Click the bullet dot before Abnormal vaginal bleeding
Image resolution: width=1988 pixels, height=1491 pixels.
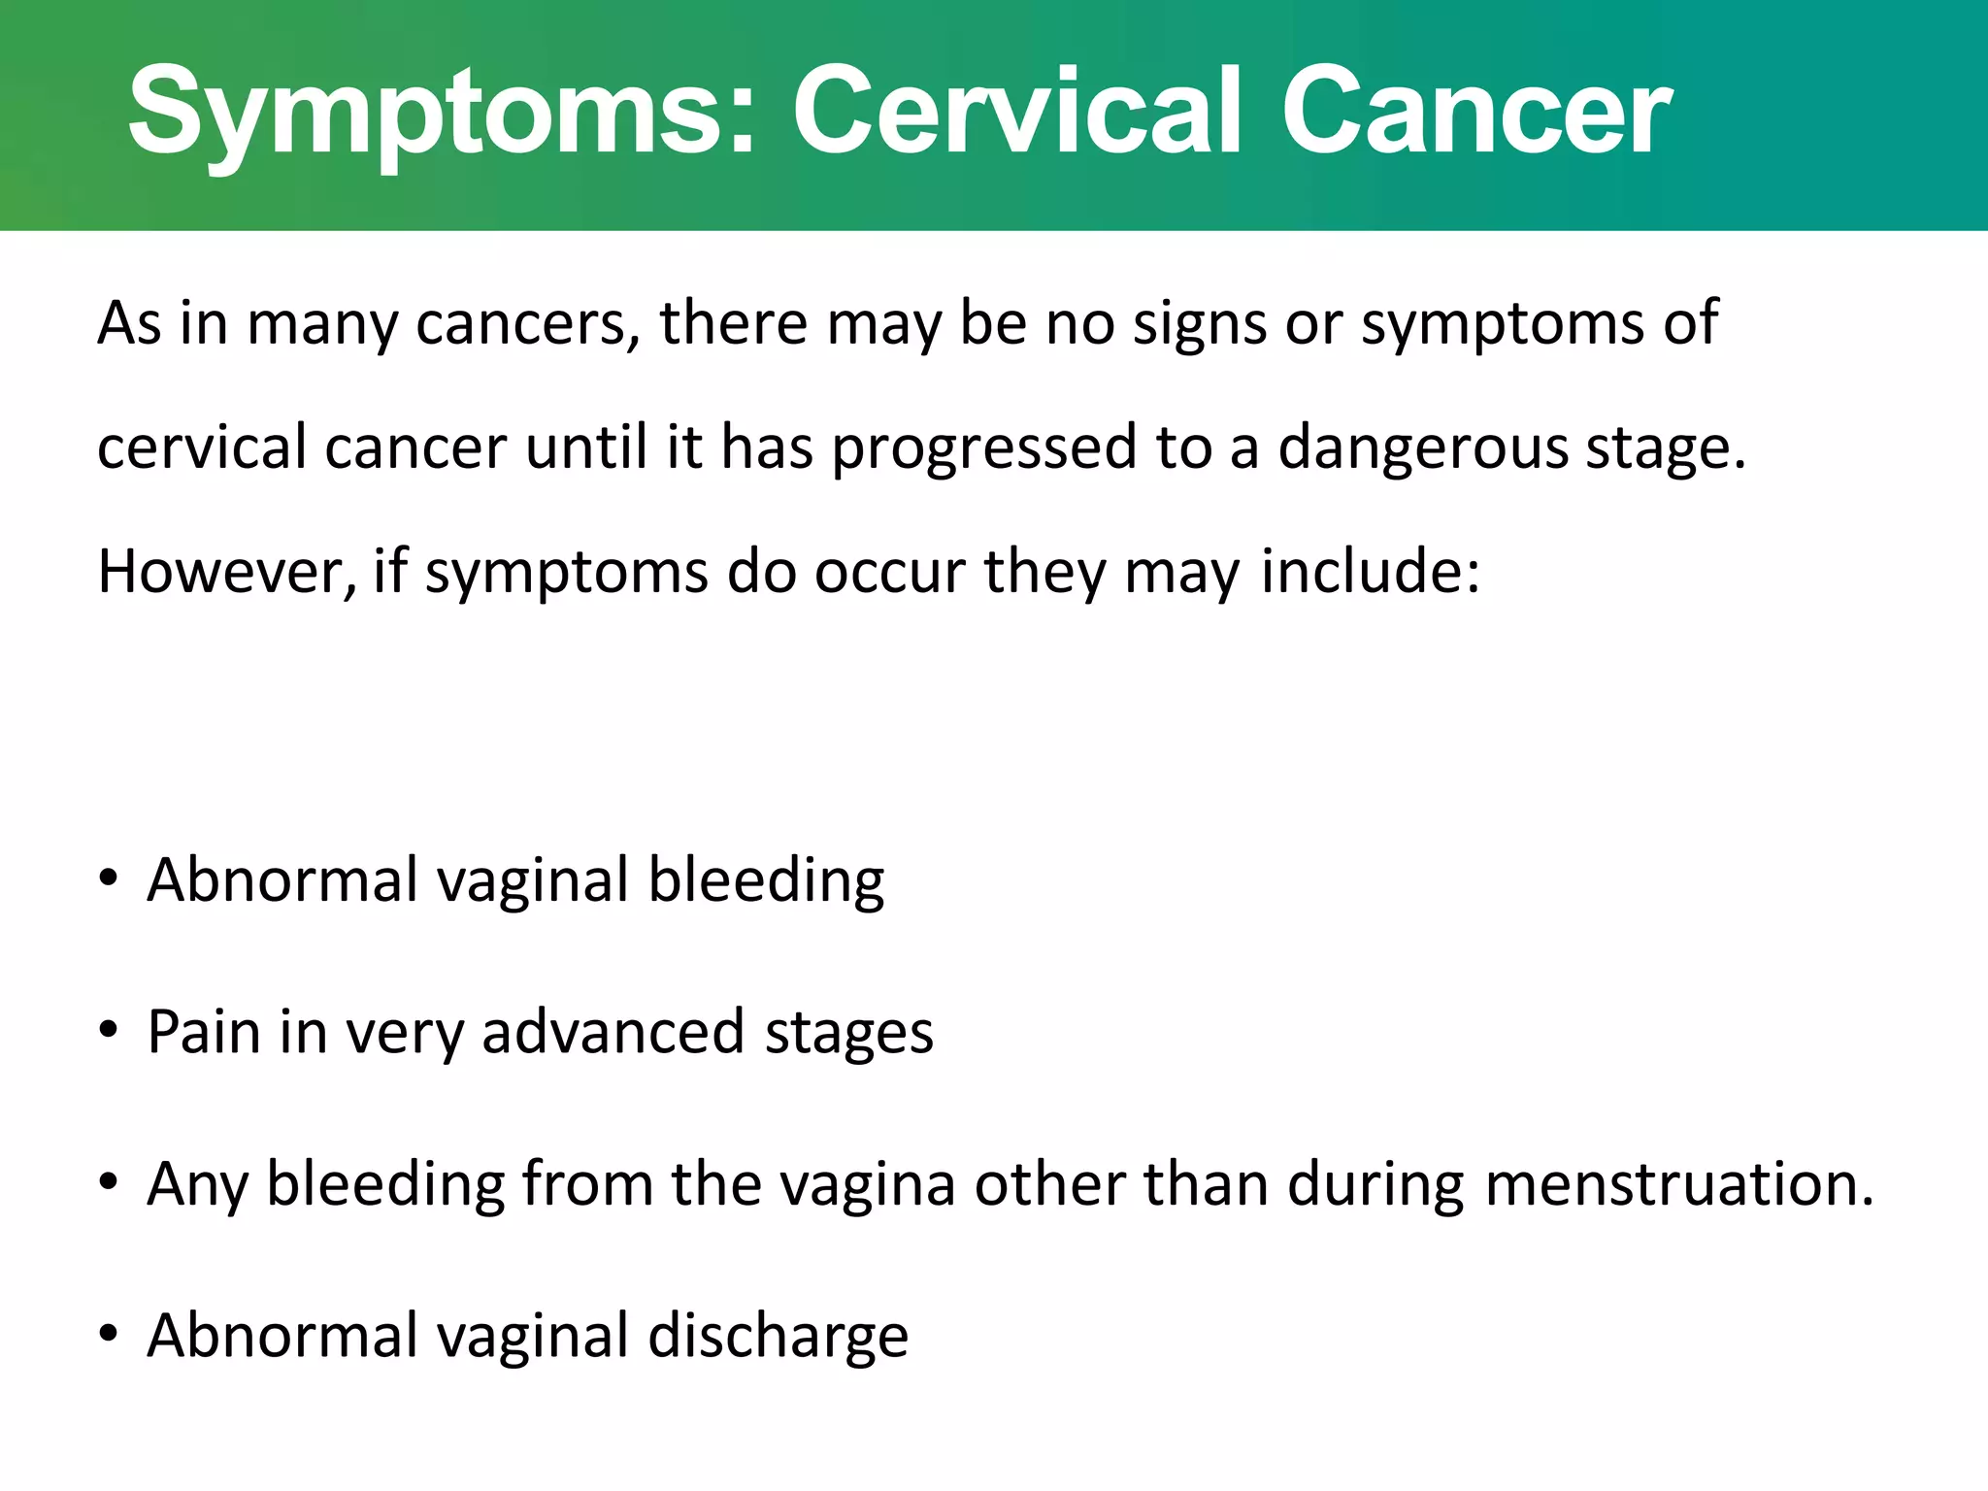[x=109, y=878]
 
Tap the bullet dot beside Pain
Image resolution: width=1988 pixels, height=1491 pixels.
[x=109, y=1030]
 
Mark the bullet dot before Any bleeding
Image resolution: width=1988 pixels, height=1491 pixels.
[x=109, y=1182]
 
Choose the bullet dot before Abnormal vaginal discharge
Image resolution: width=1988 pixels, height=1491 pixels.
[x=109, y=1334]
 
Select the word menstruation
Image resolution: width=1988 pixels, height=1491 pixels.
[x=1678, y=1184]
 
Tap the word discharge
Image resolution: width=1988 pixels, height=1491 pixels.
[x=778, y=1337]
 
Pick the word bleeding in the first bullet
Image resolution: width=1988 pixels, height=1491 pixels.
[x=766, y=880]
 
